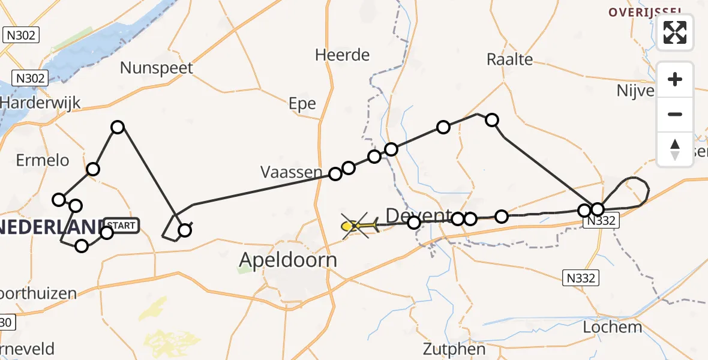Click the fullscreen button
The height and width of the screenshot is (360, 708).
[675, 32]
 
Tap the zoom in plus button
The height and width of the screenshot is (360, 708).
[675, 80]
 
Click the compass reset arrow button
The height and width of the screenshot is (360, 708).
[675, 149]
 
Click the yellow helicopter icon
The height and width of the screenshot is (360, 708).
[358, 226]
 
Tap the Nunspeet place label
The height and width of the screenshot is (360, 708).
[157, 67]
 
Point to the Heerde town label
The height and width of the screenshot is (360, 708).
[343, 55]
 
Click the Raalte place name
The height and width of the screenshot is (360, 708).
[510, 59]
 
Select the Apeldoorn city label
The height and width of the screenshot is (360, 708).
[288, 260]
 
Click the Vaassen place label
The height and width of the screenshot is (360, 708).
[292, 172]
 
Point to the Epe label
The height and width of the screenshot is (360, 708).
[302, 104]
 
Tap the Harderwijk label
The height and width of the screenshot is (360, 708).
[40, 103]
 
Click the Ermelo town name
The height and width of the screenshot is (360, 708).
[43, 160]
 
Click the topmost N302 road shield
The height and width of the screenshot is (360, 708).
[22, 35]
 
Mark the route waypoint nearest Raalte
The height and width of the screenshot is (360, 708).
[492, 120]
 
